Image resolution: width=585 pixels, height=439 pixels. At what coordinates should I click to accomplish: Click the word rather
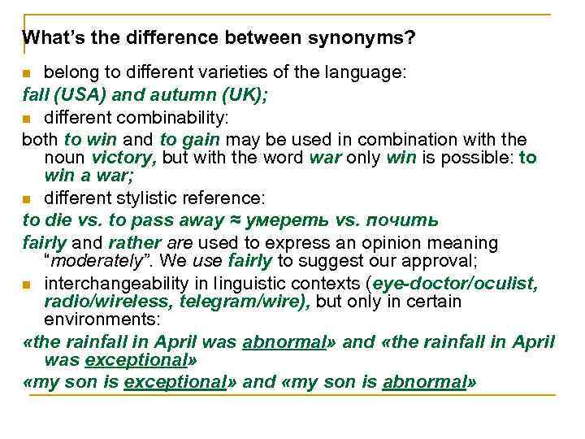[130, 242]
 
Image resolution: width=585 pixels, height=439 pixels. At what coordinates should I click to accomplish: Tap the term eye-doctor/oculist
[457, 283]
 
